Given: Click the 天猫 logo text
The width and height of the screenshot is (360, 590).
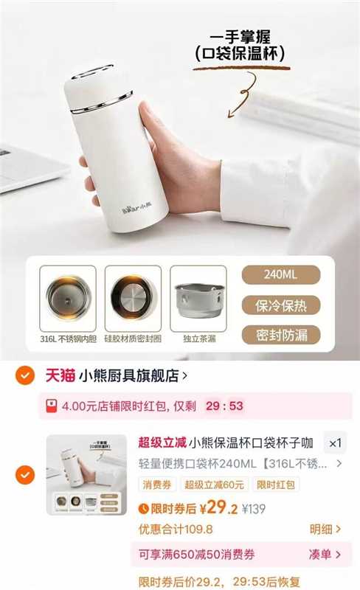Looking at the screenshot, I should click(57, 375).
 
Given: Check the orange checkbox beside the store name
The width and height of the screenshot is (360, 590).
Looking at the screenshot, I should click(27, 375).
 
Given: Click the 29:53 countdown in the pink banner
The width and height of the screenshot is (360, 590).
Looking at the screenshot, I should click(225, 406).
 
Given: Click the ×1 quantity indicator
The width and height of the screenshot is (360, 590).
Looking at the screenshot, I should click(335, 443).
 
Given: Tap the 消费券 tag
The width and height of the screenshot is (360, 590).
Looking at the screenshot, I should click(156, 485).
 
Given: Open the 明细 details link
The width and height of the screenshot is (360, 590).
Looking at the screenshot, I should click(325, 529).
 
